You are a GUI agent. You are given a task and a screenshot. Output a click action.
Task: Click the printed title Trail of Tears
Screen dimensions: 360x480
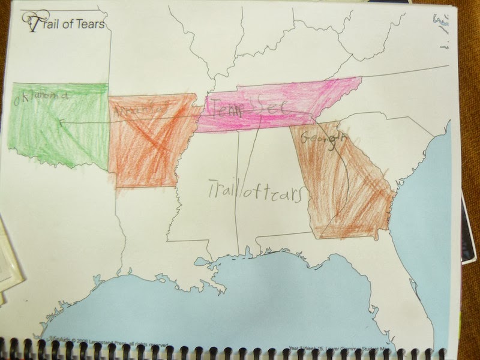[x=67, y=24]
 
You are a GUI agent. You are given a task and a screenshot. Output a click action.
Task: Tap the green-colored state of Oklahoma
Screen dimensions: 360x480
[x=57, y=129]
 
